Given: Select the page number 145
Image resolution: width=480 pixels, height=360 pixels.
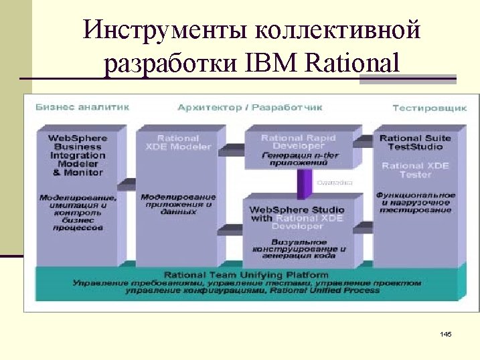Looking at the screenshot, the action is click(447, 333).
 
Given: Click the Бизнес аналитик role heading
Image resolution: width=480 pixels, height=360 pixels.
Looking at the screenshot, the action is click(82, 107).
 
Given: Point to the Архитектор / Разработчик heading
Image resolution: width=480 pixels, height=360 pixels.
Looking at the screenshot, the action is click(250, 107).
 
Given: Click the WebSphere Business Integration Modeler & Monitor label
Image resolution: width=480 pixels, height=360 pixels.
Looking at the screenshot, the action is click(78, 155).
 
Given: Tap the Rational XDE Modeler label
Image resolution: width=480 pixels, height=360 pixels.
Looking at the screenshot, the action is click(178, 143).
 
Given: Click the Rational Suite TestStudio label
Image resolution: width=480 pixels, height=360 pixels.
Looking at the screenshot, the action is click(415, 143).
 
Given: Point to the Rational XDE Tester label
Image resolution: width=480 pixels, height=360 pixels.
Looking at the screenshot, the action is click(415, 170).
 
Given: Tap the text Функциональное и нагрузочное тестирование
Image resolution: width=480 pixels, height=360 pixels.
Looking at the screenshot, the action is click(415, 203).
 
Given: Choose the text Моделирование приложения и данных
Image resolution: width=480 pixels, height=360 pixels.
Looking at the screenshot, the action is click(178, 204).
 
